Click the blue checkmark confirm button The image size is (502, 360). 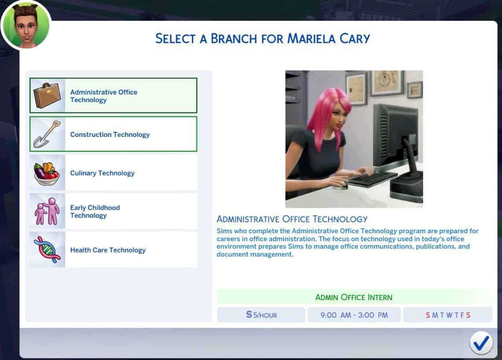coord(481,343)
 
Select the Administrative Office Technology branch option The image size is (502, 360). coord(113,96)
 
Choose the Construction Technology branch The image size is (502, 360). coord(113,134)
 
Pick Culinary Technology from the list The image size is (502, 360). coord(113,173)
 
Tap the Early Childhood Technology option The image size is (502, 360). coord(113,211)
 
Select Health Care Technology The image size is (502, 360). coord(113,250)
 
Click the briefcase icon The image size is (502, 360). coord(47,96)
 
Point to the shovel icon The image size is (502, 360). coord(47,134)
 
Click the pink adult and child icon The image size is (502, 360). coord(48,211)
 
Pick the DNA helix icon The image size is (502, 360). coord(47,250)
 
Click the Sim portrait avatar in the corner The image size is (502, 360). coord(26,26)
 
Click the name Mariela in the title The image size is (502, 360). coord(311,38)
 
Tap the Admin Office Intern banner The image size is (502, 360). coord(354,297)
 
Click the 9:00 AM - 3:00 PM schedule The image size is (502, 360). coord(354,315)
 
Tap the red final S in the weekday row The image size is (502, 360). coord(468,315)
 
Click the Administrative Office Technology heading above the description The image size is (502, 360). coord(292,219)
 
